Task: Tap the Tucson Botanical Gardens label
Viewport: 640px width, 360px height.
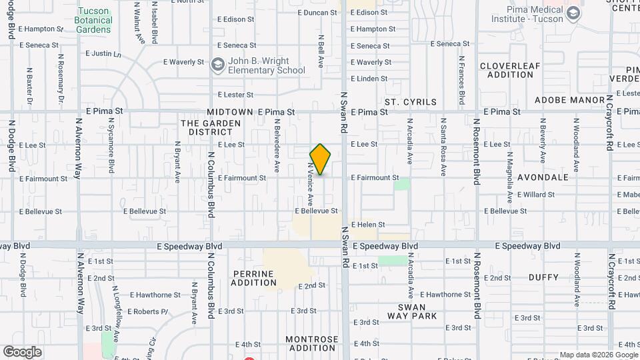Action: coord(94,20)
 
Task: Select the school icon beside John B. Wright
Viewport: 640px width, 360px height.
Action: coord(217,65)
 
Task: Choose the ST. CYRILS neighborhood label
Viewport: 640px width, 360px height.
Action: coord(411,102)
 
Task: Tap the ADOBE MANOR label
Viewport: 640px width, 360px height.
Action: coord(564,100)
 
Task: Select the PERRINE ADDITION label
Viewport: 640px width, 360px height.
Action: coord(254,278)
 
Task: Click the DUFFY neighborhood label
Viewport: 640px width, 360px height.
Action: coord(543,277)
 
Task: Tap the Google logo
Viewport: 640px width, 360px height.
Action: coord(23,352)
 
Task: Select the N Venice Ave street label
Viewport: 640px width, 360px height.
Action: coord(311,183)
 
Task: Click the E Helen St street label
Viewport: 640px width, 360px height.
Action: coord(368,225)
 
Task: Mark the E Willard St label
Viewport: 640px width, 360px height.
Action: coord(536,195)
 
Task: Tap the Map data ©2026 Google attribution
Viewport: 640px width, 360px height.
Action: coord(599,355)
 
